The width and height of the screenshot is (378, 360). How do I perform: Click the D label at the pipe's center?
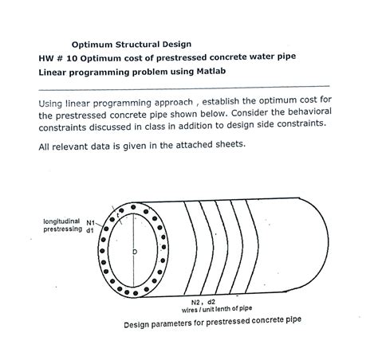pyautogui.click(x=134, y=252)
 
